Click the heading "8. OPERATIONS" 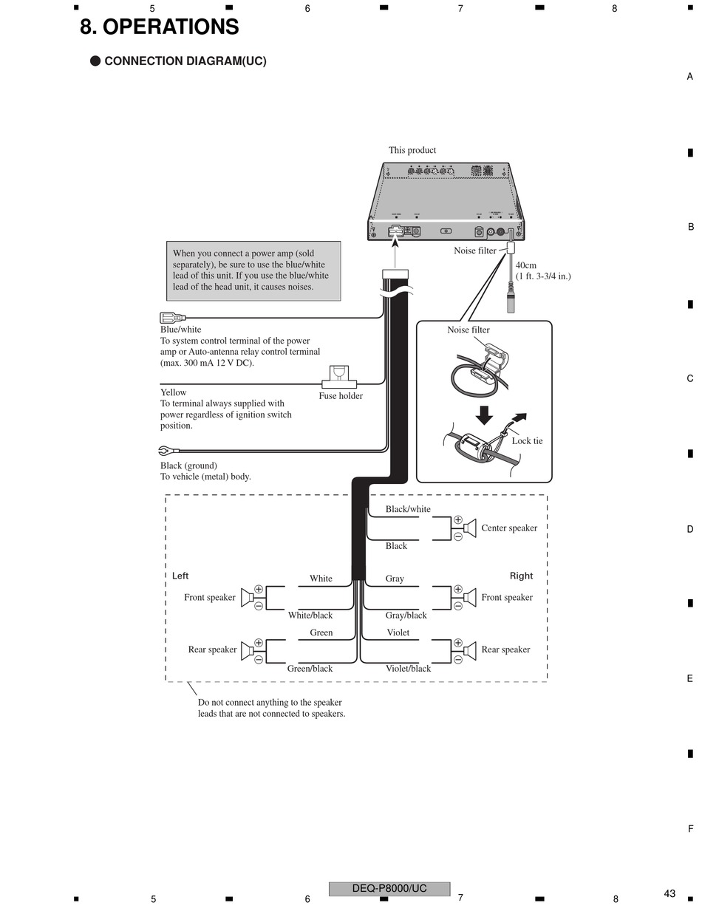(x=159, y=27)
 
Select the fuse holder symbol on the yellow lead (x=339, y=378)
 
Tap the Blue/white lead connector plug (x=172, y=318)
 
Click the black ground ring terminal (x=166, y=450)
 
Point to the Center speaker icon (x=469, y=528)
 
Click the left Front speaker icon (x=248, y=597)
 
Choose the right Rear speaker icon (x=469, y=650)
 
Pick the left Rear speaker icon (x=248, y=650)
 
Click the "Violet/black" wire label (x=408, y=669)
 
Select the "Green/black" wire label (x=310, y=669)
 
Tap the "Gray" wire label (x=395, y=579)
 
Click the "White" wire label (x=321, y=579)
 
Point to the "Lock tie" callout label (x=527, y=441)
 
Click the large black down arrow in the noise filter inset (x=484, y=415)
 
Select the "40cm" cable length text (x=526, y=265)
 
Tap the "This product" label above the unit (x=412, y=150)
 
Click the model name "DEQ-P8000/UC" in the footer (x=389, y=888)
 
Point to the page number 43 (x=669, y=893)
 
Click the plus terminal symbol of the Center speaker (x=458, y=520)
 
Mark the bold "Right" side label (x=521, y=576)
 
